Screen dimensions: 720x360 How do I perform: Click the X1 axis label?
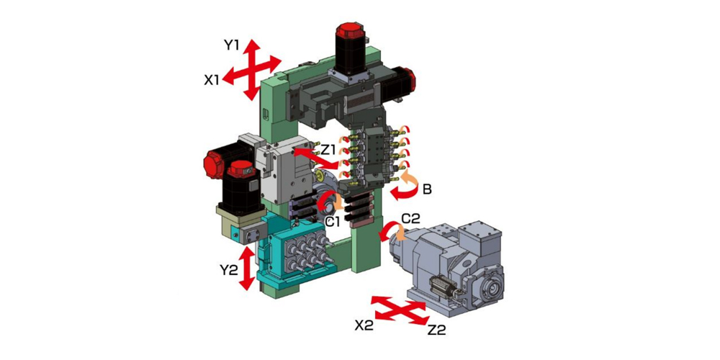[x=212, y=81]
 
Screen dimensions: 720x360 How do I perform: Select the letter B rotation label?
[x=427, y=189]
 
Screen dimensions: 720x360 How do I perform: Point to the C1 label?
[x=332, y=222]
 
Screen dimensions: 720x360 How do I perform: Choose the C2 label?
[x=410, y=219]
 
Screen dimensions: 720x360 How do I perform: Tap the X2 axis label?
[x=363, y=325]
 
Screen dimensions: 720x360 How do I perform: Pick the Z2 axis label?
[x=436, y=330]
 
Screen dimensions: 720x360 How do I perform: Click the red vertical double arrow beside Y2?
[x=247, y=268]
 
